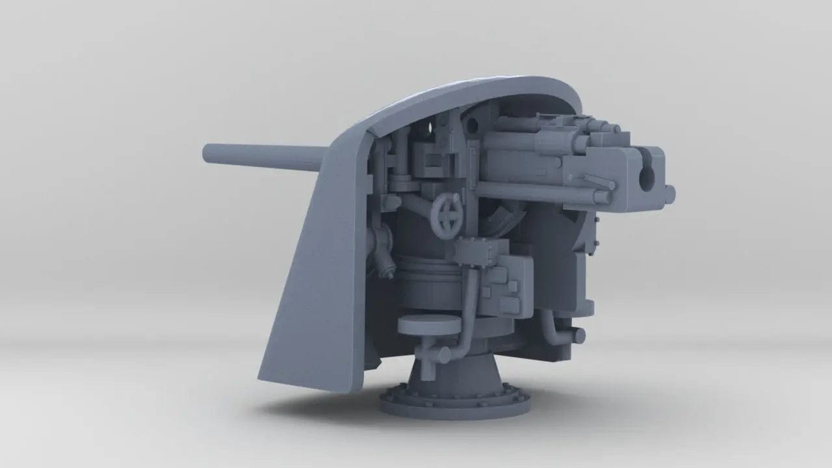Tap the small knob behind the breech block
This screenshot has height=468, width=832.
669,192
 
